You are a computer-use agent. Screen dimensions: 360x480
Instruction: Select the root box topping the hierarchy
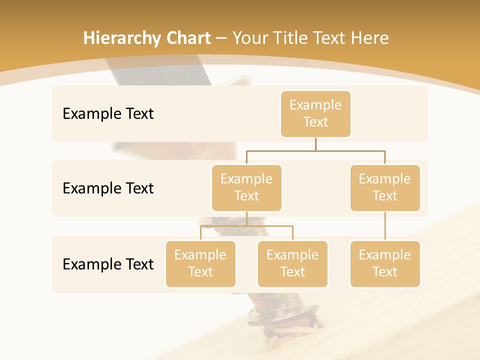coord(315,113)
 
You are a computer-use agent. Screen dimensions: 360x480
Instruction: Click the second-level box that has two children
coord(246,187)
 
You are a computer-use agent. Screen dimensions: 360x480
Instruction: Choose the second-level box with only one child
coord(385,187)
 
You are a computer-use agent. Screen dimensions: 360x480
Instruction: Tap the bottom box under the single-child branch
coord(385,263)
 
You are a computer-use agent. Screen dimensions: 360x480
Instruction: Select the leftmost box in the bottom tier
coord(200,263)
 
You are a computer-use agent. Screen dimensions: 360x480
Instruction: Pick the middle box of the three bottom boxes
coord(292,263)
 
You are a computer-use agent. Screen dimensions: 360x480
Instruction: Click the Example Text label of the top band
coord(108,114)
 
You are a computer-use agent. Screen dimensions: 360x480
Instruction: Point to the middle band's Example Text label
coord(108,188)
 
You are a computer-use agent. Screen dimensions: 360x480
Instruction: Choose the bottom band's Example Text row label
coord(108,264)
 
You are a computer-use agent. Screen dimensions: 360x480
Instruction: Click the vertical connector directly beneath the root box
coord(315,144)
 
